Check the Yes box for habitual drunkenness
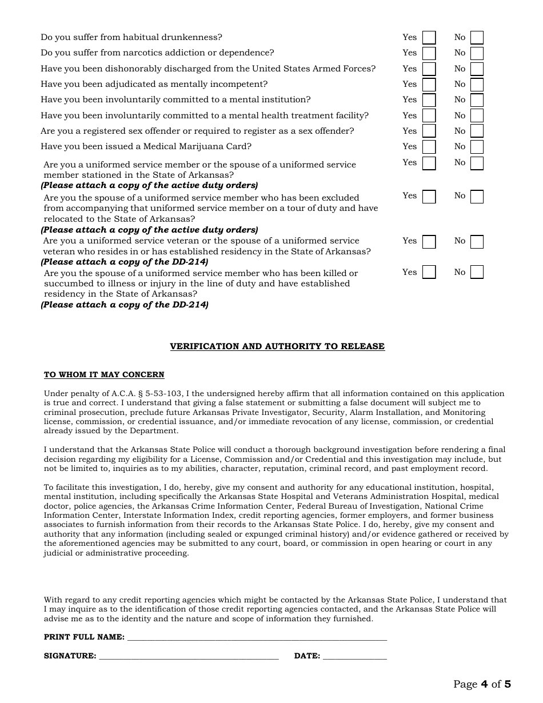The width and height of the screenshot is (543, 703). click(x=429, y=38)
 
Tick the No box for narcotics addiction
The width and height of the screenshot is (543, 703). click(x=477, y=53)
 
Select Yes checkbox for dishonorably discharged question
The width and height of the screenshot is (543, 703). click(x=429, y=69)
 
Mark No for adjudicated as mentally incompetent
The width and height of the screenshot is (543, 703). click(x=477, y=85)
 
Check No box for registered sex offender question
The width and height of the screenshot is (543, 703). click(x=477, y=131)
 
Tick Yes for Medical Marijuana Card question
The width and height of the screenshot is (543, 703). click(x=429, y=147)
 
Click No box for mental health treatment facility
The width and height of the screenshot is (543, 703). click(x=477, y=116)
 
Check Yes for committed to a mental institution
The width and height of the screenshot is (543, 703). click(x=429, y=100)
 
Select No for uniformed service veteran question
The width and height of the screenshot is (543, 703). click(x=477, y=242)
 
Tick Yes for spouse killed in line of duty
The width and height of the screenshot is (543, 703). click(x=429, y=272)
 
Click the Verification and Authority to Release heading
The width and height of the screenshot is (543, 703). click(x=277, y=346)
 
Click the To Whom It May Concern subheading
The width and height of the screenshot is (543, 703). click(x=104, y=375)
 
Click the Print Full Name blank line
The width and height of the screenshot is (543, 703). click(x=257, y=638)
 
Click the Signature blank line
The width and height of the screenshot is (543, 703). click(x=189, y=657)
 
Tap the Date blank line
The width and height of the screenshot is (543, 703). click(x=354, y=657)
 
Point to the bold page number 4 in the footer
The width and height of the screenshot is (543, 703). click(x=484, y=684)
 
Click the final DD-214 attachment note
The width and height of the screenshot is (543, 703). click(x=125, y=305)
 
